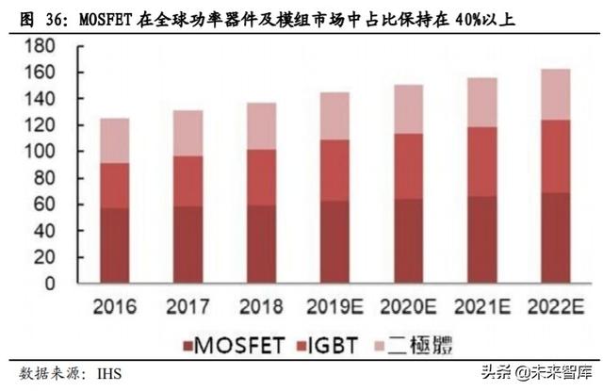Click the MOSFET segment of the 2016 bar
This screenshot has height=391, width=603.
pos(116,245)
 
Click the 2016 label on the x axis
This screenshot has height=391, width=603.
pos(116,307)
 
